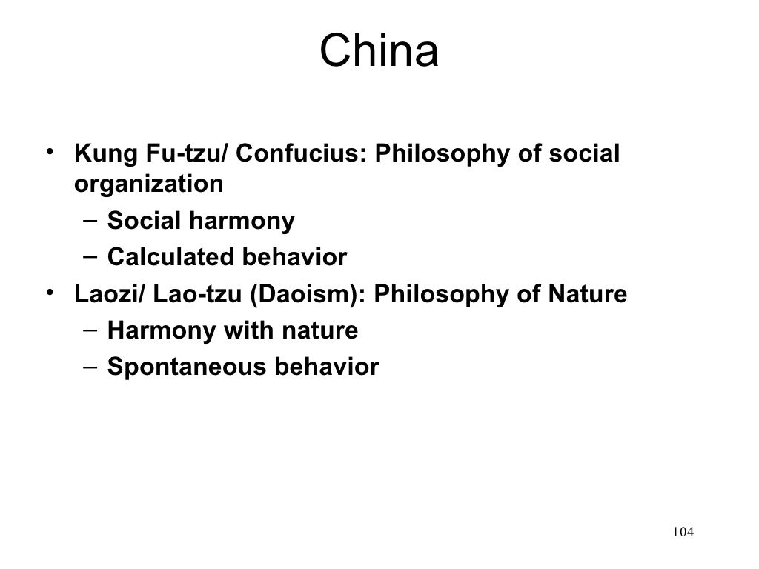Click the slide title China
click(x=379, y=53)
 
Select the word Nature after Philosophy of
click(x=587, y=294)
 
